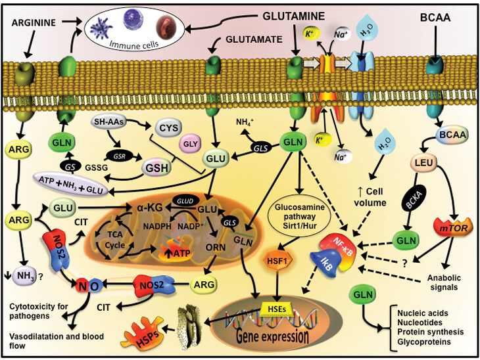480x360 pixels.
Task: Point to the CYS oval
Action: coord(168,125)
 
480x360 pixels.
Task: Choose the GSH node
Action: coord(161,165)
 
